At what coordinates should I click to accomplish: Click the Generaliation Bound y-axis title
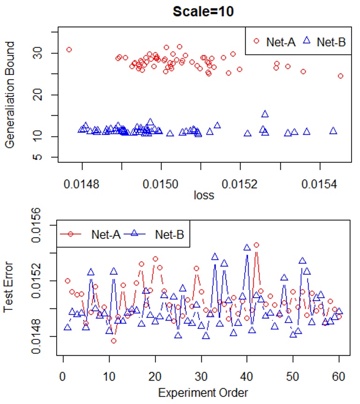coord(10,95)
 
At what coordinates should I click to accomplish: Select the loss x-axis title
coord(204,195)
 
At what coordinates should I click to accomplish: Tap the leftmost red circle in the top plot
coord(69,50)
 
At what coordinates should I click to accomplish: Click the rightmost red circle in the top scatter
coord(340,76)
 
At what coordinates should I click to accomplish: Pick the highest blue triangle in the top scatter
coord(265,114)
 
